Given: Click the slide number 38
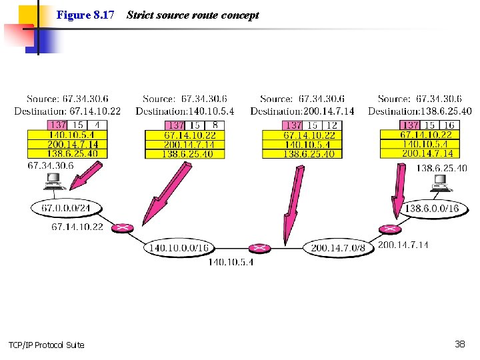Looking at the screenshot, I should pos(459,344).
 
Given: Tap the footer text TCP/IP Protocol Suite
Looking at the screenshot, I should pos(47,345).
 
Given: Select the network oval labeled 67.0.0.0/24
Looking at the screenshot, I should pos(65,209).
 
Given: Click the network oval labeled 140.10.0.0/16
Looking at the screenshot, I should pos(179,248).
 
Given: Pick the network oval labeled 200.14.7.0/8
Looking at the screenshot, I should pos(338,248).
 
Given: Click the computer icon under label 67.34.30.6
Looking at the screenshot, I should pos(52,180).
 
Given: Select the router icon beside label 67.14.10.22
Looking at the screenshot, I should pos(121,228).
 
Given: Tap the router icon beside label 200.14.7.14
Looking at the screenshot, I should pos(387,229).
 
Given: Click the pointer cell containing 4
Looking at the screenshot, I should pos(96,125).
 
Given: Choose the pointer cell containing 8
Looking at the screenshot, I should pos(214,125).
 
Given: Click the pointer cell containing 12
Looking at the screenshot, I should pos(331,125).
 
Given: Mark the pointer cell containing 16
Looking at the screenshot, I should pos(449,125).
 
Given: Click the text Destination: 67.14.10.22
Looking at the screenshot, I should pos(67,111).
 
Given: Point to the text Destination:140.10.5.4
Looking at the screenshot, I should pos(185,111).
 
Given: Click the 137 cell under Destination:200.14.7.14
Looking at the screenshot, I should pos(293,125).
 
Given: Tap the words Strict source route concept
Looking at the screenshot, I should pos(192,15).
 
